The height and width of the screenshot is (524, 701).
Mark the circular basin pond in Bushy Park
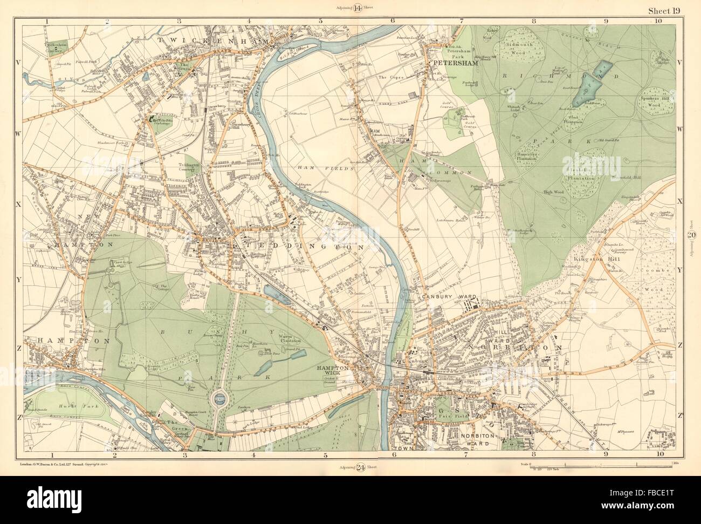217,399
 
